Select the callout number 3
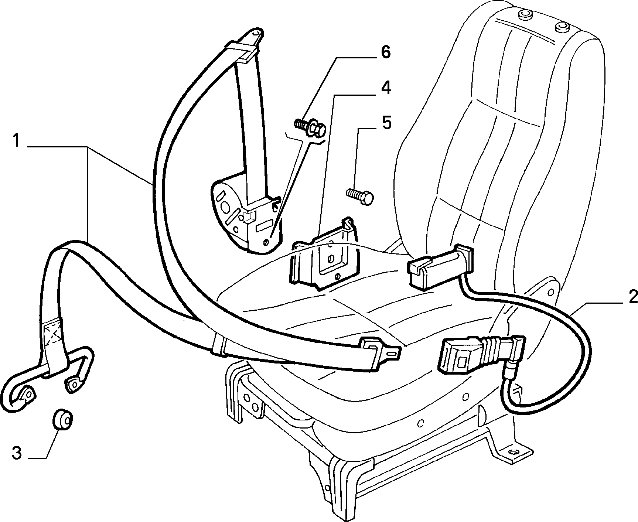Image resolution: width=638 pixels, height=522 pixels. point(17,453)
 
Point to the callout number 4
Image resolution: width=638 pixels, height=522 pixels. point(385,89)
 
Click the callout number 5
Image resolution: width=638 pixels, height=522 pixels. point(386,123)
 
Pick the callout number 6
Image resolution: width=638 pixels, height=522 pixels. point(385,52)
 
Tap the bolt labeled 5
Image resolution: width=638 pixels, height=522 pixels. point(360,196)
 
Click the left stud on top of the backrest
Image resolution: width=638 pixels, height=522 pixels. point(523,15)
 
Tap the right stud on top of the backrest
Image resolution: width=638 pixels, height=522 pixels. point(561,27)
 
